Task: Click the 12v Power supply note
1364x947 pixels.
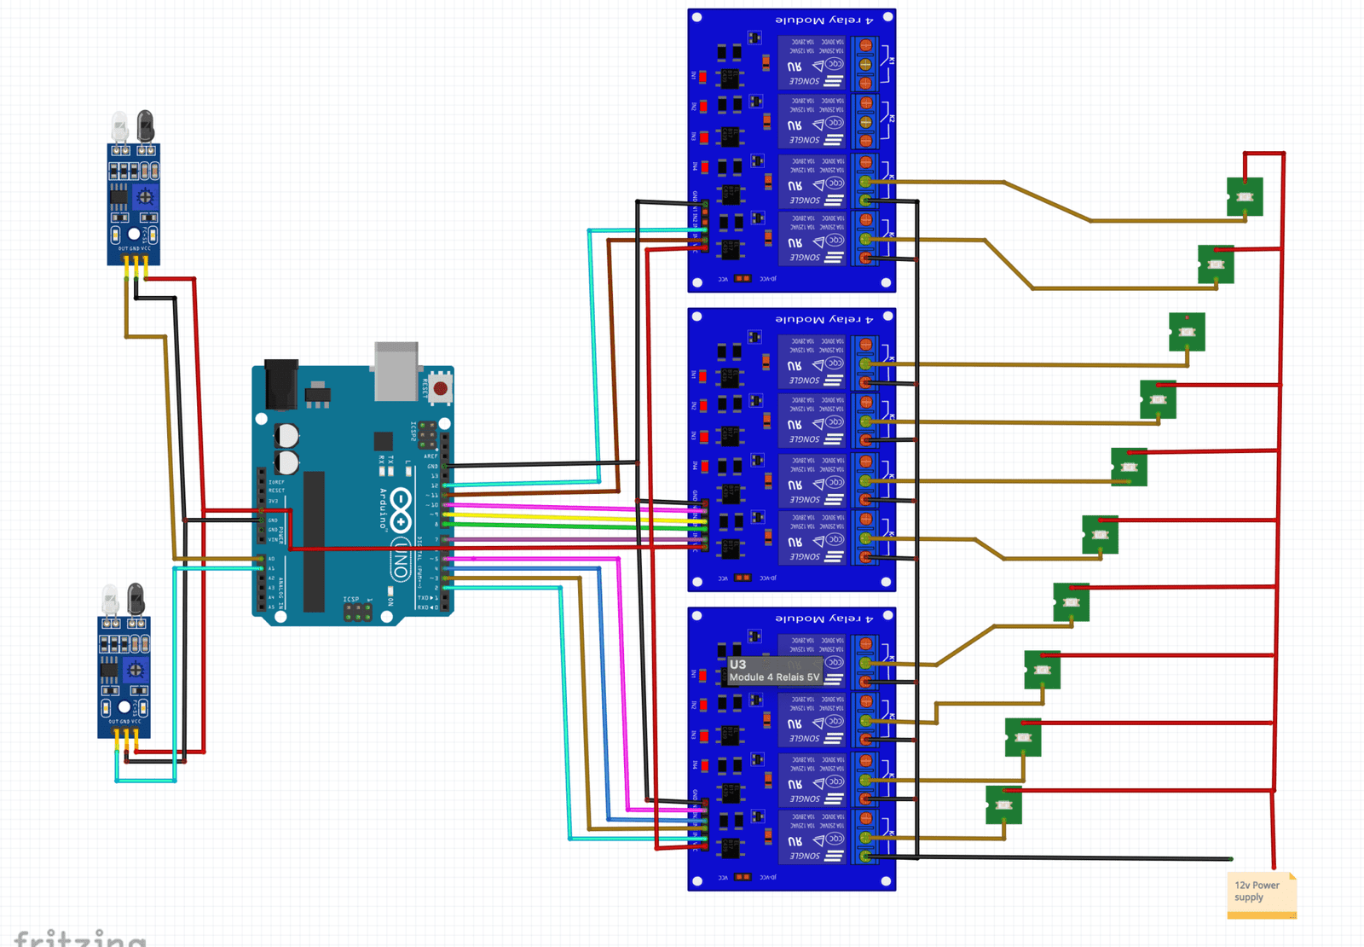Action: pyautogui.click(x=1261, y=892)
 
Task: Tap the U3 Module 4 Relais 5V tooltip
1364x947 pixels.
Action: pyautogui.click(x=774, y=671)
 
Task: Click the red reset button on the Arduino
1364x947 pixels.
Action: pyautogui.click(x=440, y=389)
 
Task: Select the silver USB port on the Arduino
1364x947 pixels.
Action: pyautogui.click(x=396, y=370)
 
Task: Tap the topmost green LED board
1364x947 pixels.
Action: pyautogui.click(x=1244, y=197)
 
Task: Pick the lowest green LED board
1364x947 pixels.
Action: pyautogui.click(x=1003, y=805)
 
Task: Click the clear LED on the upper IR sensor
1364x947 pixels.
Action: pyautogui.click(x=120, y=128)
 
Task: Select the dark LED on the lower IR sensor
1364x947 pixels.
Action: pyautogui.click(x=136, y=599)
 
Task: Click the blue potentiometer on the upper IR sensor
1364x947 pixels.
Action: pyautogui.click(x=146, y=198)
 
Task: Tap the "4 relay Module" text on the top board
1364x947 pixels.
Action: pyautogui.click(x=824, y=20)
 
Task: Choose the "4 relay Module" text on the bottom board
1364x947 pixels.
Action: pyautogui.click(x=824, y=618)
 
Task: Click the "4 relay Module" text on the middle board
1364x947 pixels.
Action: pyautogui.click(x=824, y=319)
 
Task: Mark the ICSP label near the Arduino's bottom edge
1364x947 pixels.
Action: pyautogui.click(x=351, y=600)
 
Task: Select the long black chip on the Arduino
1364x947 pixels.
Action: pyautogui.click(x=314, y=541)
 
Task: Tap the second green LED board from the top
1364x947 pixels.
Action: pyautogui.click(x=1215, y=264)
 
